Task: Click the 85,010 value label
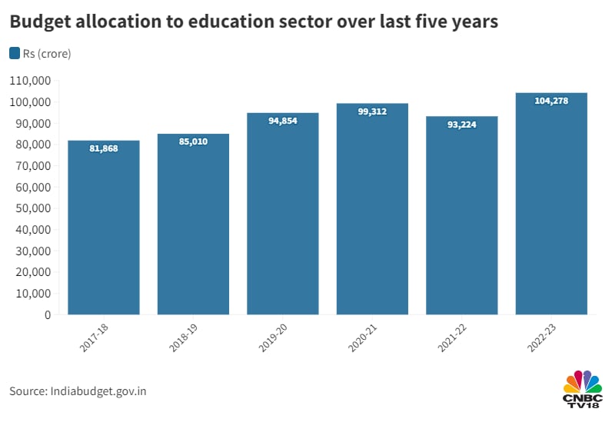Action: (x=193, y=141)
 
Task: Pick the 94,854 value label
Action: (x=282, y=121)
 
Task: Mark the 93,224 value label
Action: (x=462, y=125)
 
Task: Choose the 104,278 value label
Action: (x=551, y=101)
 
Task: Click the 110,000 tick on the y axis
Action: (x=30, y=81)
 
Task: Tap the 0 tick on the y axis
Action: (x=47, y=314)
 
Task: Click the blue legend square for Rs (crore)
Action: (x=15, y=53)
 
